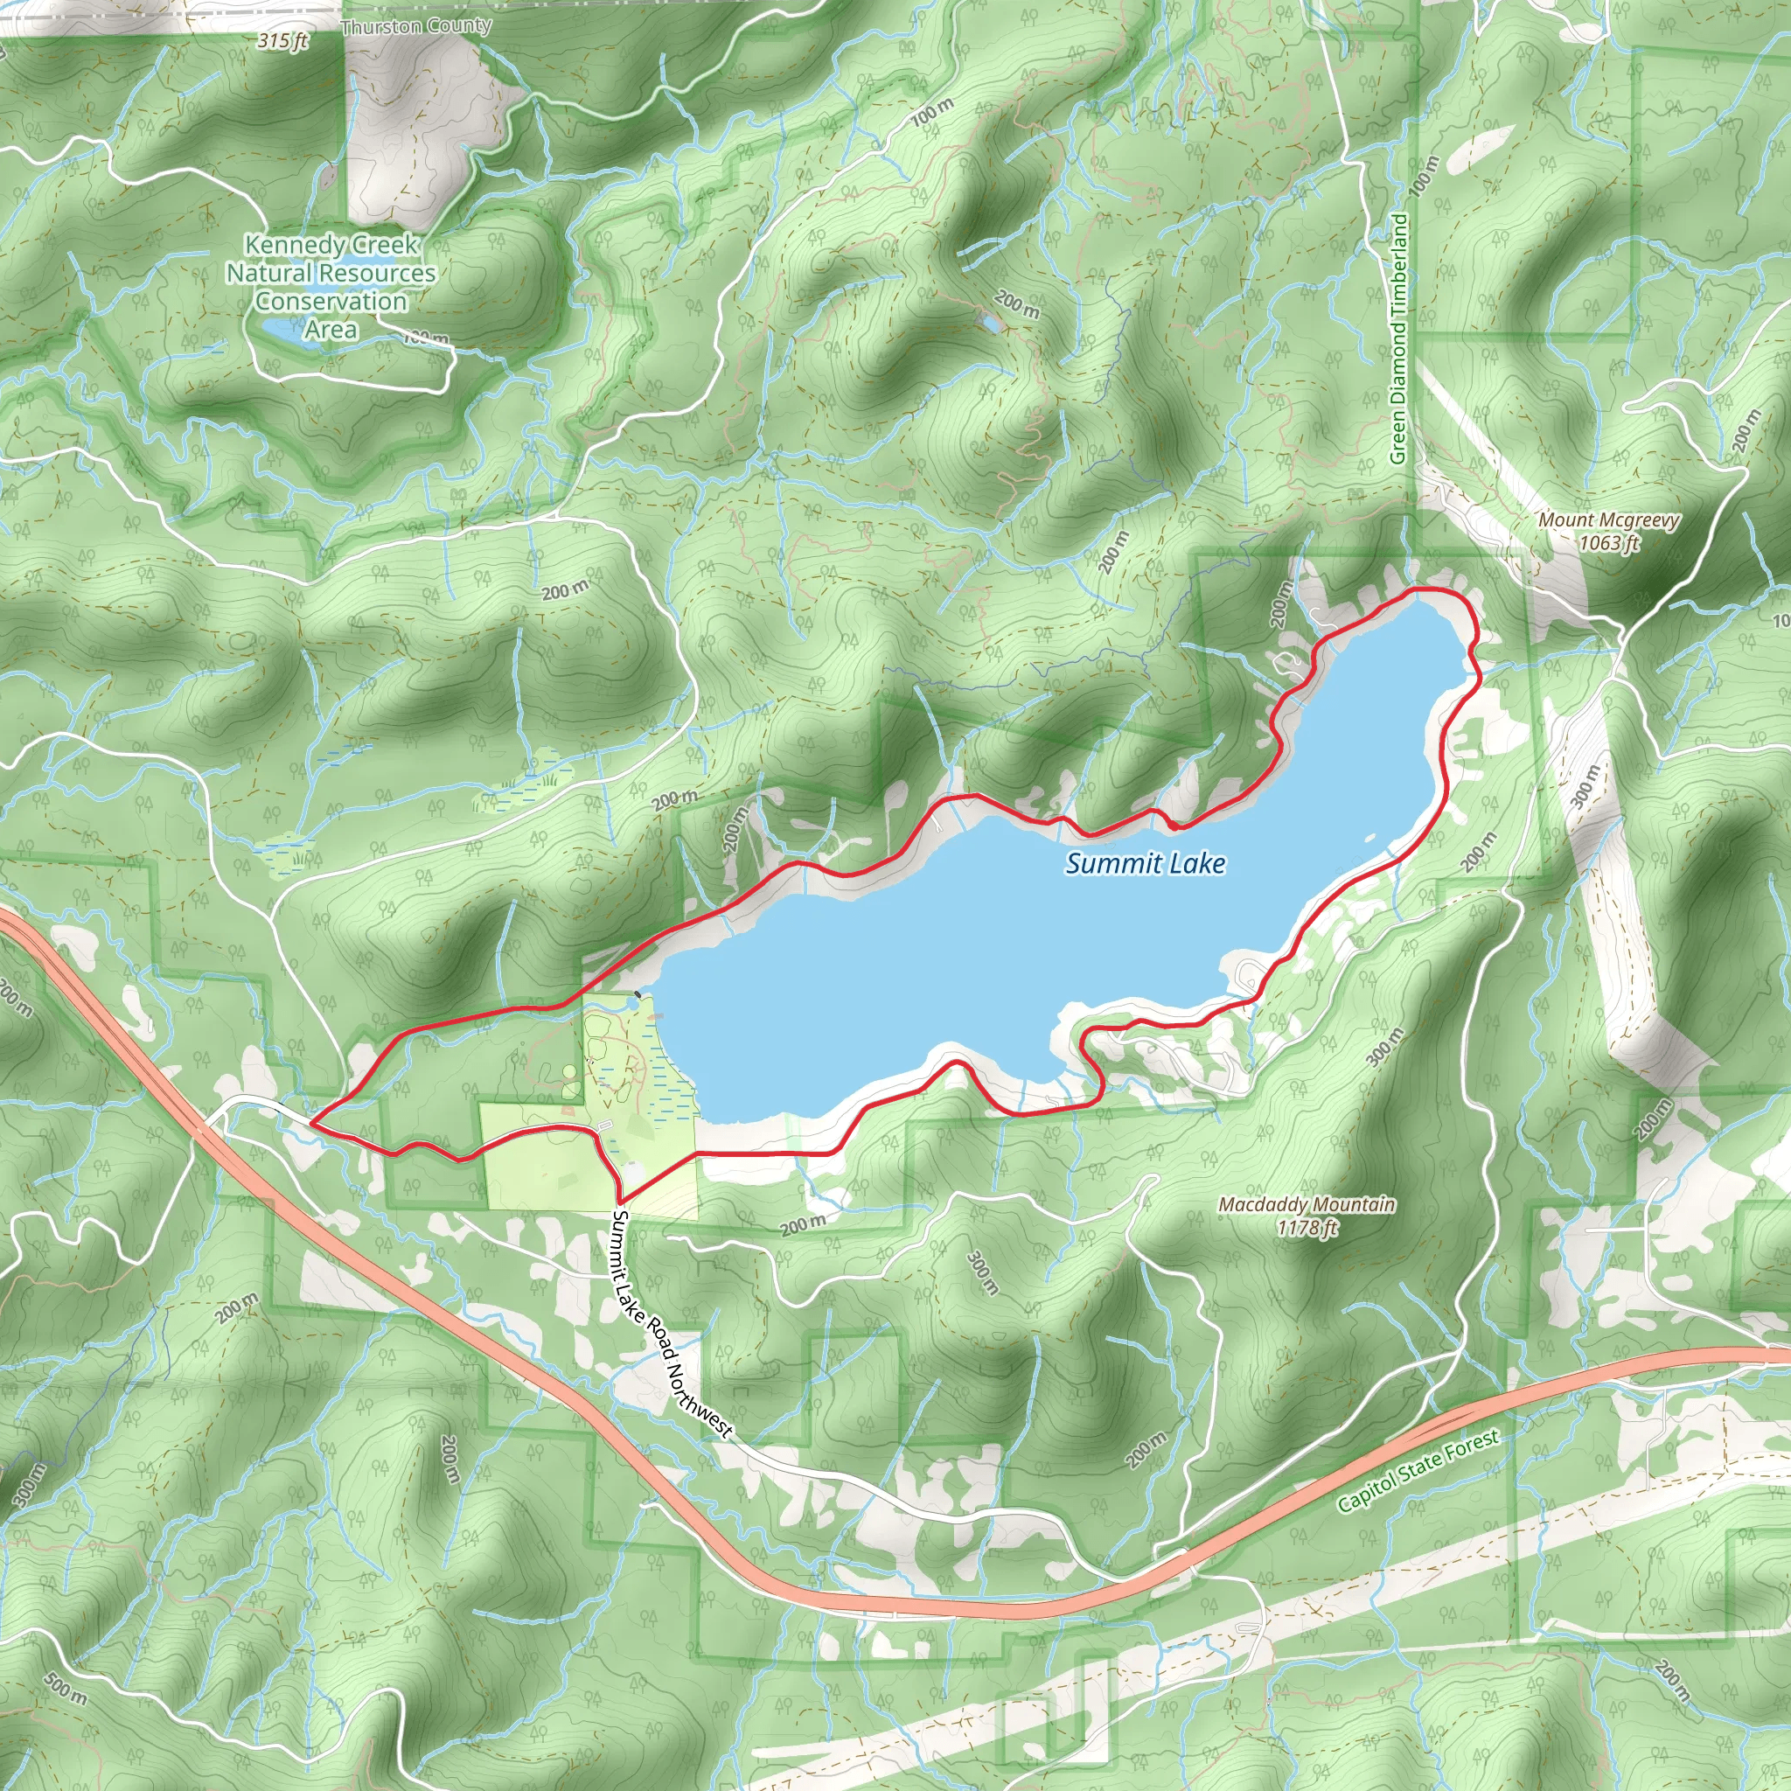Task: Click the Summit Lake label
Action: [1145, 864]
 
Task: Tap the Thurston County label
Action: [416, 26]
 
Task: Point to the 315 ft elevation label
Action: [282, 41]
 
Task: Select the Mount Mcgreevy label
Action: [1608, 520]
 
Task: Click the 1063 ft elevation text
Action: [1608, 542]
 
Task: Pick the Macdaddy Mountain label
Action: [1307, 1204]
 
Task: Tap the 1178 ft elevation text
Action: [1307, 1227]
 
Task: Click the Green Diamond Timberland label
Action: [1399, 338]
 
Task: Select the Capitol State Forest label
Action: [1418, 1470]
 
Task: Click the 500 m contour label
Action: [65, 1689]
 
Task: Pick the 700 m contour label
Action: [930, 113]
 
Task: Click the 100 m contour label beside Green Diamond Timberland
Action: [1424, 175]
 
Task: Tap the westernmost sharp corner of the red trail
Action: [310, 1124]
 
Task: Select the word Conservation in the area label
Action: [331, 302]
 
